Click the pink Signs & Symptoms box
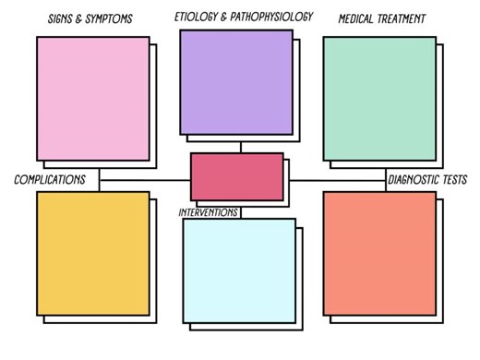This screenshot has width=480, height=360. pyautogui.click(x=92, y=98)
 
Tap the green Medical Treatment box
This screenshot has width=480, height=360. pyautogui.click(x=378, y=98)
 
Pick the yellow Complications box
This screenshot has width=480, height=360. pyautogui.click(x=92, y=253)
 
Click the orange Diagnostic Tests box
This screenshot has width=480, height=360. pyautogui.click(x=379, y=253)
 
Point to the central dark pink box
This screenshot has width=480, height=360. pyautogui.click(x=237, y=176)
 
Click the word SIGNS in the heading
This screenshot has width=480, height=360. pyautogui.click(x=63, y=19)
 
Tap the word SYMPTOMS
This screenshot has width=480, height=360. pyautogui.click(x=118, y=19)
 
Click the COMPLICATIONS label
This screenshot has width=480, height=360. pyautogui.click(x=50, y=179)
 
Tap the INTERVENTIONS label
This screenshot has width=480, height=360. pyautogui.click(x=209, y=212)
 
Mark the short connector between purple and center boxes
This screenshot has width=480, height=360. pyautogui.click(x=240, y=147)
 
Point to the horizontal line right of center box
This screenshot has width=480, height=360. pyautogui.click(x=338, y=180)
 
